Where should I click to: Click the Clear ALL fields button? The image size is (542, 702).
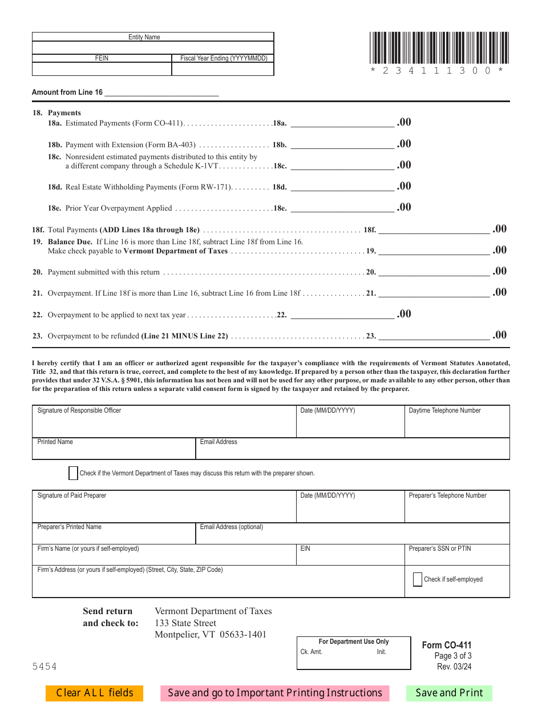[x=94, y=693]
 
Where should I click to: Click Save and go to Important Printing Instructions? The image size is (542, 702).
[x=275, y=693]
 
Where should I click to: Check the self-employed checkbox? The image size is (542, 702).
[x=418, y=579]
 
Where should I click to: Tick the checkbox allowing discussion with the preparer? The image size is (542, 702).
[x=73, y=473]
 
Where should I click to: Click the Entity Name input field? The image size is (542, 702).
[x=153, y=47]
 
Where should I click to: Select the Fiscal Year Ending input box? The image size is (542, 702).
[x=223, y=69]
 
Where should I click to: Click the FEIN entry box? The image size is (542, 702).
[x=102, y=69]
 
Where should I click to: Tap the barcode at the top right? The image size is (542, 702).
[x=436, y=48]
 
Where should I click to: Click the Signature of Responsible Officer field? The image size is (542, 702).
[x=164, y=425]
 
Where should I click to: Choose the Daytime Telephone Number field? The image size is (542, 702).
[x=457, y=425]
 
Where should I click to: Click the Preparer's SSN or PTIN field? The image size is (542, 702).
[x=457, y=558]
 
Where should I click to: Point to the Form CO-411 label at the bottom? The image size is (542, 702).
[x=447, y=645]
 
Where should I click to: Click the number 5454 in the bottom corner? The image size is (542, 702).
[x=45, y=667]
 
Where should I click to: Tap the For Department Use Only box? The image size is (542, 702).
[x=354, y=653]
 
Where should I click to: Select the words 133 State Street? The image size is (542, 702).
[x=185, y=623]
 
